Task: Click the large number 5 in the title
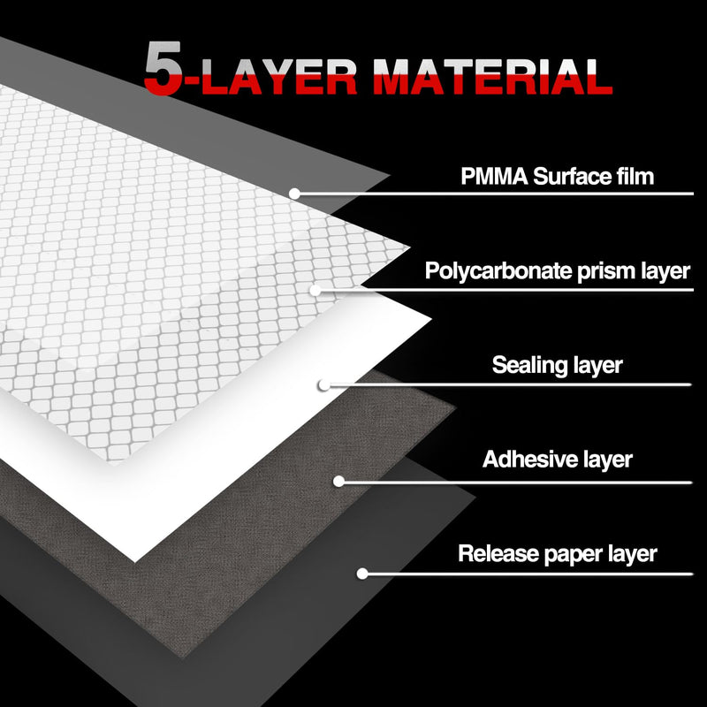click(x=163, y=68)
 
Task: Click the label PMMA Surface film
click(x=558, y=176)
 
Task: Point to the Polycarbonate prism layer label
click(x=558, y=271)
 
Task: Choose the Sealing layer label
click(x=558, y=365)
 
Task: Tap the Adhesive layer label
click(x=558, y=460)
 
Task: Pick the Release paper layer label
click(x=558, y=554)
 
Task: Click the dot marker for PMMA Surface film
click(x=294, y=194)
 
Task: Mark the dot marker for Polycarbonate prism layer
click(x=315, y=291)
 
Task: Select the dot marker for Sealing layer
click(x=323, y=385)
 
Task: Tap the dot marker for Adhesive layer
click(x=338, y=482)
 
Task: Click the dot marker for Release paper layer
click(x=362, y=574)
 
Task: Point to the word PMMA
click(x=494, y=176)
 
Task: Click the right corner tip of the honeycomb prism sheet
click(x=409, y=247)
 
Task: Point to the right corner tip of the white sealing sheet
click(x=431, y=319)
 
